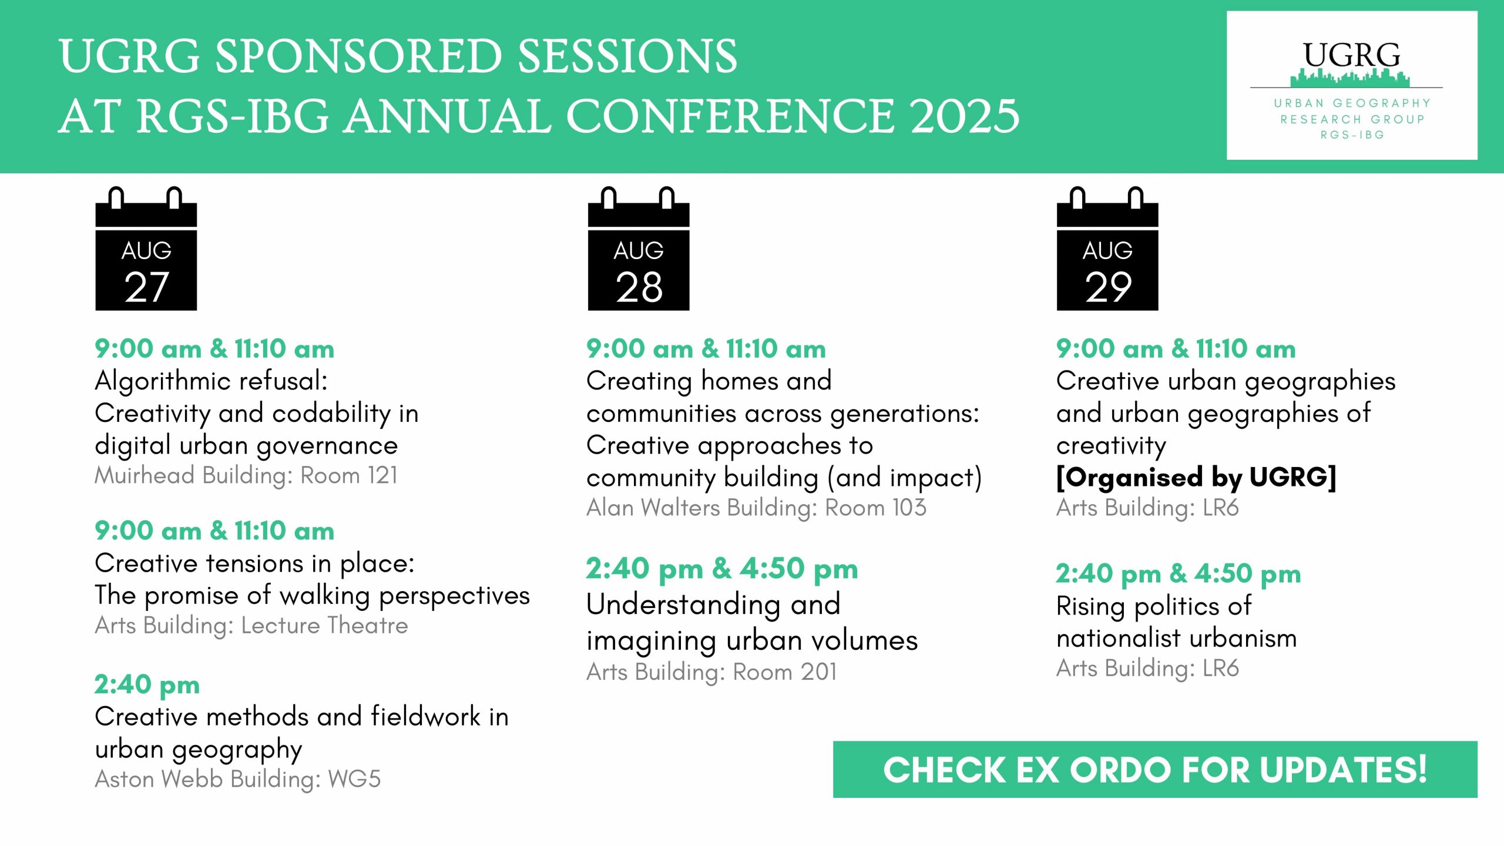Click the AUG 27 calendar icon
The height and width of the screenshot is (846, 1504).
(x=146, y=249)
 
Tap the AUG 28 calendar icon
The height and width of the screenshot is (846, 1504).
(x=639, y=249)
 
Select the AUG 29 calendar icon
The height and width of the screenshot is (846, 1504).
(x=1107, y=249)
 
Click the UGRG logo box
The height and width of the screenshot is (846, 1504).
(x=1352, y=85)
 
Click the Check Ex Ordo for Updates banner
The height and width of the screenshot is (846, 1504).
(x=1155, y=770)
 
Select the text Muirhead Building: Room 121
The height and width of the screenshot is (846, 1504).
(x=246, y=475)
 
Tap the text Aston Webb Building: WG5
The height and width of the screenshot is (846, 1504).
(x=238, y=779)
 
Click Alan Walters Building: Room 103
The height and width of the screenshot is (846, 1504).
(x=756, y=508)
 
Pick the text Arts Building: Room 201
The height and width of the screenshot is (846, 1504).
(x=711, y=672)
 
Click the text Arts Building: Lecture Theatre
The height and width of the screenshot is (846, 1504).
(x=251, y=625)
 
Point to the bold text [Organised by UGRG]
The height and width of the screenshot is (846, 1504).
(x=1196, y=478)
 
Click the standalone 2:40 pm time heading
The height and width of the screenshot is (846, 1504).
(x=147, y=685)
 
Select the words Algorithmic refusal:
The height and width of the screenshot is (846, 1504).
(x=211, y=381)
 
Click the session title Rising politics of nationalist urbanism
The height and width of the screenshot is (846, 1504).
(x=1176, y=622)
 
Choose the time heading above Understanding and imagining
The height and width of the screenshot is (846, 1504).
(x=722, y=569)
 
